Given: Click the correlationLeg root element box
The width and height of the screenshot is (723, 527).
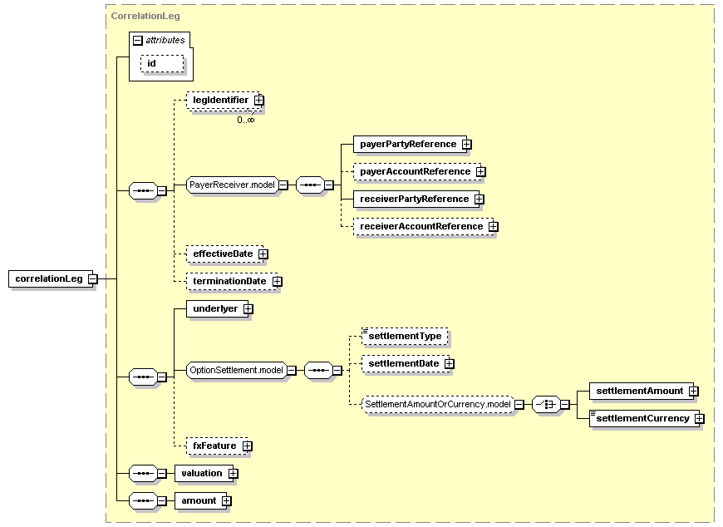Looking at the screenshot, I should point(49,278).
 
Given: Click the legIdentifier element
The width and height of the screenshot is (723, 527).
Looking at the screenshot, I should point(220,100).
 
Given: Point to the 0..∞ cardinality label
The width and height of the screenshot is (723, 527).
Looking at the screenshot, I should point(245,120).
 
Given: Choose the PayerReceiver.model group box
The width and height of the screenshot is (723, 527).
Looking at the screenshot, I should point(231,185).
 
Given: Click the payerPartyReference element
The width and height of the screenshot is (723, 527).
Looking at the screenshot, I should point(407,144).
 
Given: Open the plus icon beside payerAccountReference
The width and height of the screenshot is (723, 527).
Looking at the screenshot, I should point(481,171).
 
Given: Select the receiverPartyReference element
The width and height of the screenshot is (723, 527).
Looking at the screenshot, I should point(413,199).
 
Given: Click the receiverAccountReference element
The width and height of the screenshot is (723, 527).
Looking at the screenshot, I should point(420,226).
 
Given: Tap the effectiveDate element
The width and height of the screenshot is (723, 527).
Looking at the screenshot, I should point(222,253).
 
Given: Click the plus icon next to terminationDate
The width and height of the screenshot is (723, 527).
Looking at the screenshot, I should point(278,281).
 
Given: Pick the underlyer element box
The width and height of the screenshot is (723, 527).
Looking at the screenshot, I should point(214,308).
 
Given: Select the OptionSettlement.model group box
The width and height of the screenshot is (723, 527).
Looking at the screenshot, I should point(236,370).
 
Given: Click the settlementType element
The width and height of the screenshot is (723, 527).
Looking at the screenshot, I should point(405,336).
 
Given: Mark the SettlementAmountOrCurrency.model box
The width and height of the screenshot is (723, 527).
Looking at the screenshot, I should point(437,404).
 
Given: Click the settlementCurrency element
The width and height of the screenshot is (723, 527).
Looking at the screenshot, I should point(642,418).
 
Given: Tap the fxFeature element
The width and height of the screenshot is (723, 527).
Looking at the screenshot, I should point(214,446).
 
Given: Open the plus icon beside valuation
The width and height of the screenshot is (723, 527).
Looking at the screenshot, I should point(234,473).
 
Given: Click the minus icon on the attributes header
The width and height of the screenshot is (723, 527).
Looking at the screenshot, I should point(138,40).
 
